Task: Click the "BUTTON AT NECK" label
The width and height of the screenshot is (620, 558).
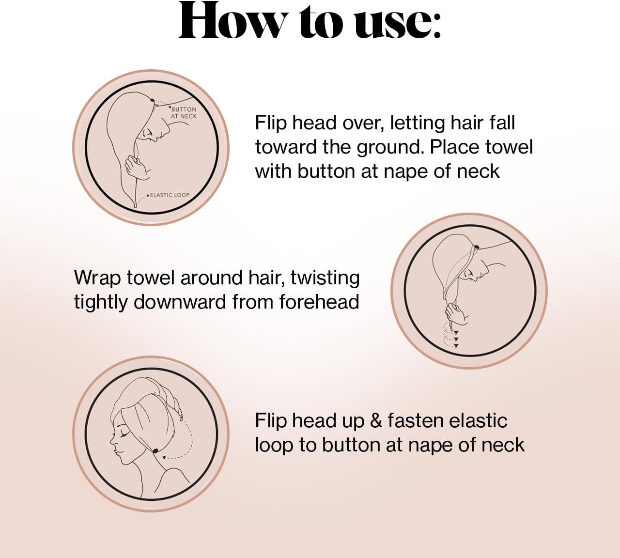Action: tap(184, 112)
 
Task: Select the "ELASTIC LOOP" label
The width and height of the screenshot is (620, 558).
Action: tap(169, 195)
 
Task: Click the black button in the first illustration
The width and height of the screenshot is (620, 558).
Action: tap(152, 100)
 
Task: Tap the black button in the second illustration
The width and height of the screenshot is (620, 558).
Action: tap(476, 247)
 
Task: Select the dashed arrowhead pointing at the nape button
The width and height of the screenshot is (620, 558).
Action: tap(164, 457)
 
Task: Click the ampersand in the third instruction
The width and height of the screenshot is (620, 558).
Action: tap(376, 421)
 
